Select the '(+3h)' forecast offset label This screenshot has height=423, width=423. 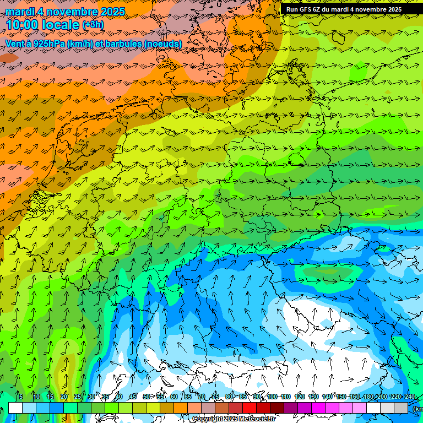pos(93,25)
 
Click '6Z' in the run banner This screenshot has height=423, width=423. pos(318,9)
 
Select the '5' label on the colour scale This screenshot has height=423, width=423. pos(20,397)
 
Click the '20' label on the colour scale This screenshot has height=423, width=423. pos(64,397)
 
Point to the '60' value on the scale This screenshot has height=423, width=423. pos(174,397)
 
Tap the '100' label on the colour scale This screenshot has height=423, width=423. pos(272,397)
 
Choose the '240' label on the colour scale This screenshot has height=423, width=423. pos(410,397)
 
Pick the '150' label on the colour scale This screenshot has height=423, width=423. pos(341,397)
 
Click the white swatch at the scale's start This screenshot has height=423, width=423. pos(15,408)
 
